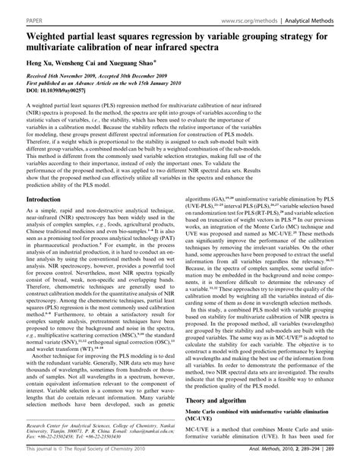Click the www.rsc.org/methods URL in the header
click(x=257, y=14)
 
